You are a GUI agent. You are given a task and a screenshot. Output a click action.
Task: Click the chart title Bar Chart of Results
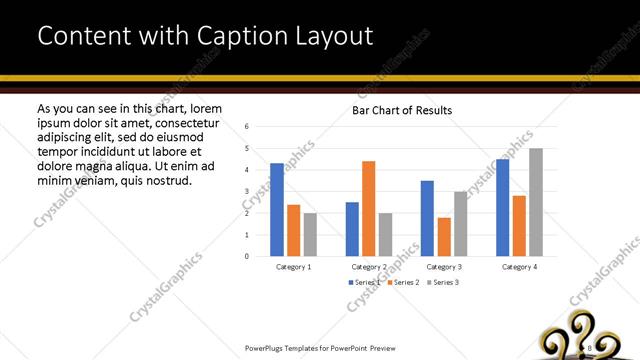point(402,110)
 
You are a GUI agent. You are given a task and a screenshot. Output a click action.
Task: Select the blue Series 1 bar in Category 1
point(277,209)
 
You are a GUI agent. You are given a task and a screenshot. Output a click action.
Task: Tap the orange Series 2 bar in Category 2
point(369,208)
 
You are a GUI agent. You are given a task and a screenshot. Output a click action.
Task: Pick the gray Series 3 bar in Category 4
point(536,202)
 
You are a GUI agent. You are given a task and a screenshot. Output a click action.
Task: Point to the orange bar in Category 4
point(518,225)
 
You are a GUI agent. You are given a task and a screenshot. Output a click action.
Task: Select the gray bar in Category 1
point(310,234)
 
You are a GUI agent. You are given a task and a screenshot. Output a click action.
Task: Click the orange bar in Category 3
point(443,236)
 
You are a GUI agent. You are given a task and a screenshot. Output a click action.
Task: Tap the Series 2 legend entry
point(401,283)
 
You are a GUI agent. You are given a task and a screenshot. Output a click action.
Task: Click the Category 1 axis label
point(293,267)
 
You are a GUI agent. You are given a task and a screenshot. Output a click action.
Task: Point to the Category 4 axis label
point(519,267)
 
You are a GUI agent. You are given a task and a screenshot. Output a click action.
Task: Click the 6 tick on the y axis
point(246,127)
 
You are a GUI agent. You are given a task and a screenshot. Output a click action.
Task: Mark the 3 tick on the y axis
point(246,191)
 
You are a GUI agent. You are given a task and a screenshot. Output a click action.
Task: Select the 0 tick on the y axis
point(246,256)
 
